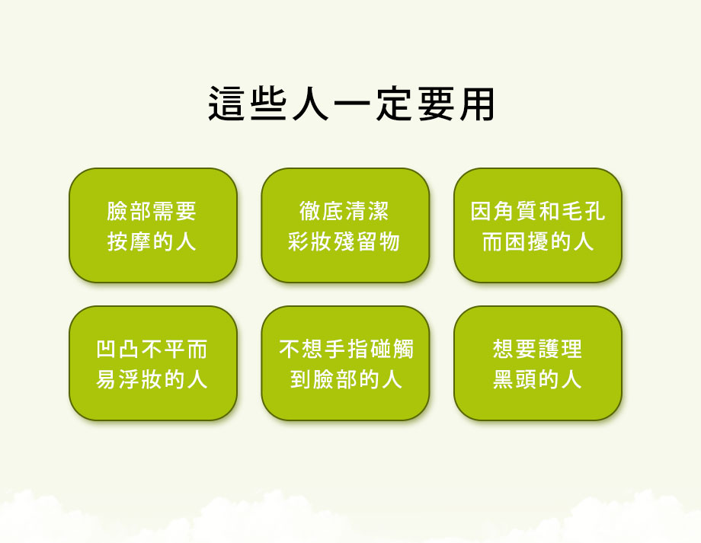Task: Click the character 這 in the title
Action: tap(226, 104)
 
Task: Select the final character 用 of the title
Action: tap(477, 104)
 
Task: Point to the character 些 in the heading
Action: tap(267, 104)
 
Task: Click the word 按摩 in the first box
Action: tap(130, 241)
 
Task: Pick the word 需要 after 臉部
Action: tap(174, 211)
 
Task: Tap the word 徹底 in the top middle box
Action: tap(321, 211)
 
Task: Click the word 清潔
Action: tap(367, 211)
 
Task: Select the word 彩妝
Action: tap(310, 241)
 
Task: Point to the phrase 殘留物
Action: tap(367, 241)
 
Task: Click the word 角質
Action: tap(516, 211)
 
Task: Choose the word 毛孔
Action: tap(583, 211)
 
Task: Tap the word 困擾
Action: tap(527, 241)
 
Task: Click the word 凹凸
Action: tap(118, 349)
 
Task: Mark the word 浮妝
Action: tap(141, 379)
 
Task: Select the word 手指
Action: tap(347, 349)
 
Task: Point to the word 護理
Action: tap(560, 349)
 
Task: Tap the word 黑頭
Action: tap(516, 379)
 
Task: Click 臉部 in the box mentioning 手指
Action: tap(335, 379)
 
